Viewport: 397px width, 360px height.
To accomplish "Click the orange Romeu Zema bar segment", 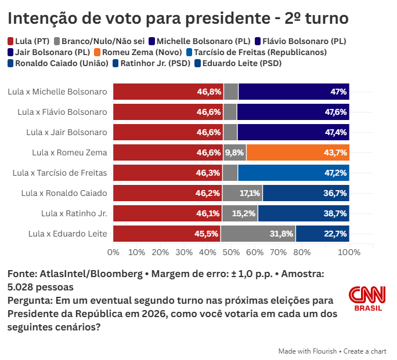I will (x=298, y=152).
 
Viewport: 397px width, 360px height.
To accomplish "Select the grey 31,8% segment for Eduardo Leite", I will (x=258, y=234).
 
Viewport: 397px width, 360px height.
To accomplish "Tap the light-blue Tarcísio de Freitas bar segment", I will (x=294, y=173).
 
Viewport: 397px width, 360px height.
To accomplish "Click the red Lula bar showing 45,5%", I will (x=167, y=234).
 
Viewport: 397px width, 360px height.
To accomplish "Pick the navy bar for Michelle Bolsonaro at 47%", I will (x=294, y=92).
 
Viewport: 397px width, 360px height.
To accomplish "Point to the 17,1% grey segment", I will (x=242, y=193).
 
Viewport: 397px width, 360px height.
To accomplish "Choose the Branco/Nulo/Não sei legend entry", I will (x=99, y=41).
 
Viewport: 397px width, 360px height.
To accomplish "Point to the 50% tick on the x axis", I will (x=231, y=252).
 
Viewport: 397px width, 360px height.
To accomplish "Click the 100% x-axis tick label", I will (x=349, y=252).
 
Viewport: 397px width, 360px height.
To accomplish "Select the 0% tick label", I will (x=113, y=252).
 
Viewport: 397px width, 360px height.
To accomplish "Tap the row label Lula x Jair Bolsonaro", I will (x=67, y=132).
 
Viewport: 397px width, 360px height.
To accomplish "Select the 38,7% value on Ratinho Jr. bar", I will (x=335, y=213).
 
